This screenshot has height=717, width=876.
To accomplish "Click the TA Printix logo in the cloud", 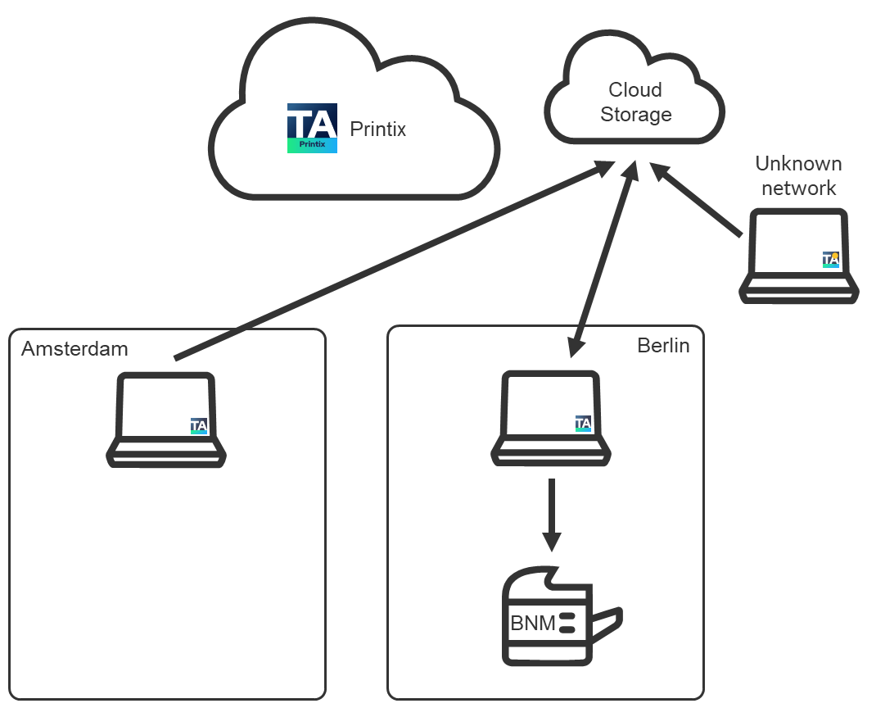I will click(312, 129).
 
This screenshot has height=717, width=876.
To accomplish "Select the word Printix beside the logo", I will click(377, 129).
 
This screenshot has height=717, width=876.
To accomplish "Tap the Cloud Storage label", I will click(636, 102).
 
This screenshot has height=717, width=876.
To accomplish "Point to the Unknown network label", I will click(798, 175).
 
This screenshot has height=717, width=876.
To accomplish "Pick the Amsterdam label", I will click(75, 349).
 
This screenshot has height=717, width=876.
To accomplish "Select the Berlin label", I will click(663, 346).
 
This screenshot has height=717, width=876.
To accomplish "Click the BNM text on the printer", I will click(533, 624).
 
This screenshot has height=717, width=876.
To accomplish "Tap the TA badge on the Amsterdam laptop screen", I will click(199, 425).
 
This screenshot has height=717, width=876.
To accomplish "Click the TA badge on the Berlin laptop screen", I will click(583, 424).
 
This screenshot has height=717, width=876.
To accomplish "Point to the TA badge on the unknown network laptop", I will click(831, 260).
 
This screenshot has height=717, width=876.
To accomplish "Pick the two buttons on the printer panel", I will click(567, 624).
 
